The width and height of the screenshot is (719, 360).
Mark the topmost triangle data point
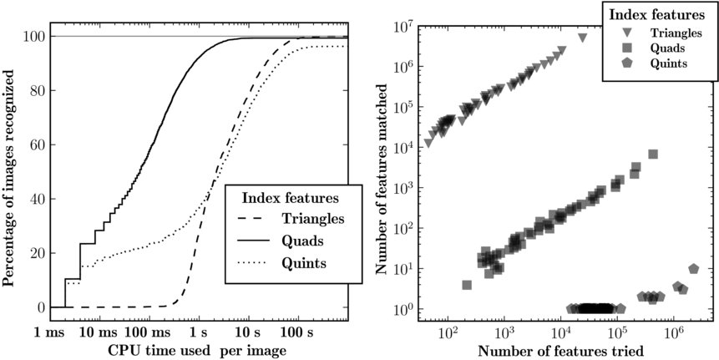coord(582,38)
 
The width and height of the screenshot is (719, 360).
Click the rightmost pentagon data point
coord(693,269)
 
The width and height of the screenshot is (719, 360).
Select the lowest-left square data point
coord(467,285)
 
